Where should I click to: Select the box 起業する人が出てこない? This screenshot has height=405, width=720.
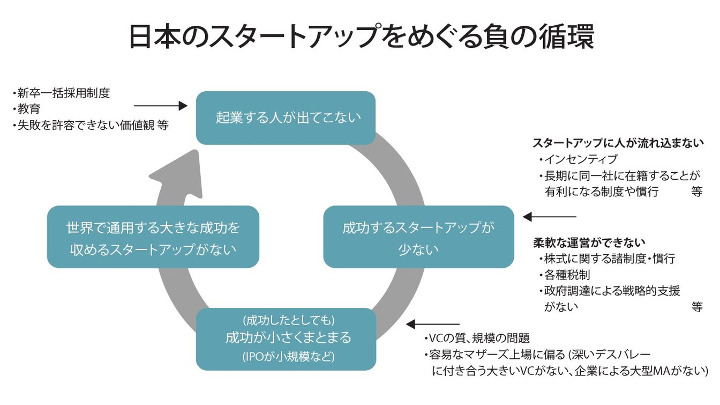pos(285,117)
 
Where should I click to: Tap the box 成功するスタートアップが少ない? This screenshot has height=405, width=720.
pos(418,237)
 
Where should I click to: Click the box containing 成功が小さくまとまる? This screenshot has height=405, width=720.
pos(286,338)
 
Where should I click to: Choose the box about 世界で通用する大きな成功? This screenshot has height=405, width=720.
pos(153,237)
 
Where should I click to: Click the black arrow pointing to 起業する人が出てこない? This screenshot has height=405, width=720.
pos(160,106)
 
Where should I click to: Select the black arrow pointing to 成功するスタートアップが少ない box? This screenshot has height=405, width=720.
pos(549,217)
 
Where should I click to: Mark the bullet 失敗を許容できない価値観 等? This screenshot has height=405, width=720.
pos(91,125)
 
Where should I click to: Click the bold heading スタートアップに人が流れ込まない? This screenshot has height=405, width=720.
pos(617,143)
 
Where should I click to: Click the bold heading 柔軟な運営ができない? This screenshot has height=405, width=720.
pos(589,242)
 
